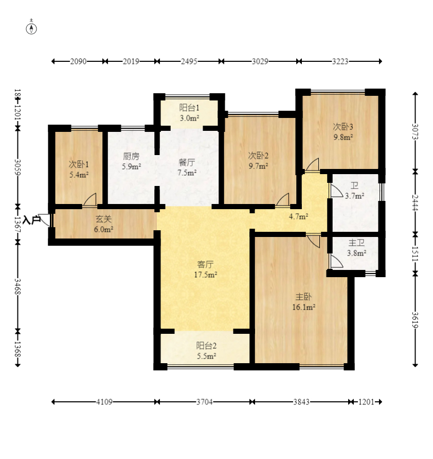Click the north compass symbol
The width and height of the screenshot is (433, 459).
pos(31,29)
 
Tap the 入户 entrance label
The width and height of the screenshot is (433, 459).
pos(31,219)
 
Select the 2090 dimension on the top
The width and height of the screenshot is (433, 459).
pos(78,61)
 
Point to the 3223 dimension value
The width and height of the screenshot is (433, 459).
pos(340,61)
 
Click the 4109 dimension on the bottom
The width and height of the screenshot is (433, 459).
pos(104,402)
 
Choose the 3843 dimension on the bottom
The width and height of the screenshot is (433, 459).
pos(301,402)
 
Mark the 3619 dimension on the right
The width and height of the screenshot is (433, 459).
pos(415,320)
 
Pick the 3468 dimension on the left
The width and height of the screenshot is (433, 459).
pos(18,286)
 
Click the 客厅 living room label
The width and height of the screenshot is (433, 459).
pos(205,264)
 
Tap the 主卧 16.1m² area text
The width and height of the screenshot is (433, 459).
pos(303,307)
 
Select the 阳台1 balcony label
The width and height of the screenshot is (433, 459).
pos(189,108)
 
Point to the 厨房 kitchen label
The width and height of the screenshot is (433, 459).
pos(131,156)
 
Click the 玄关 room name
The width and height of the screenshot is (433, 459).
pos(103,219)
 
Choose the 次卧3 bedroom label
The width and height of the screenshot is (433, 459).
pos(343,127)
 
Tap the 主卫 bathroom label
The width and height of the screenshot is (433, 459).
pos(356,243)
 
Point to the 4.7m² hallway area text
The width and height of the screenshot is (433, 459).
pos(299,216)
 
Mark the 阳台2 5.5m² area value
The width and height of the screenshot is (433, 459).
pos(206,356)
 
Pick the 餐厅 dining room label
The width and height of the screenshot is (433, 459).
pos(187,162)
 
